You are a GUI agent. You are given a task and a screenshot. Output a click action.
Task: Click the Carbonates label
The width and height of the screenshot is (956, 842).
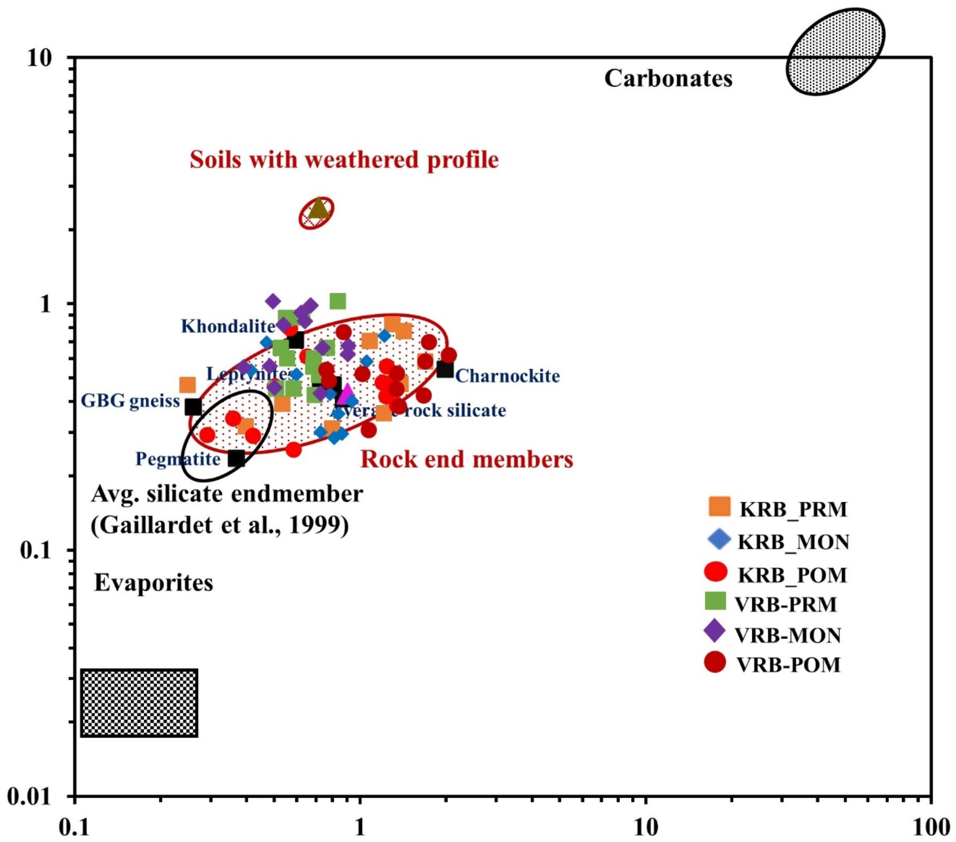(668, 79)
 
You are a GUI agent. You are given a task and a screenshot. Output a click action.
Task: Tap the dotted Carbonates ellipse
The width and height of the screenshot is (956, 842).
(835, 51)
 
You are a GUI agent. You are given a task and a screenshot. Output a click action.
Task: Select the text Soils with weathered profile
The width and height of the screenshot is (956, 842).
(344, 160)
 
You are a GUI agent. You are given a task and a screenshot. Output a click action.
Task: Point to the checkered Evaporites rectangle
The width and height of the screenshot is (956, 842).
(139, 703)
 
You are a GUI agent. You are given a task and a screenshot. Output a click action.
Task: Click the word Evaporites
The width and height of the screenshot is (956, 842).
(153, 583)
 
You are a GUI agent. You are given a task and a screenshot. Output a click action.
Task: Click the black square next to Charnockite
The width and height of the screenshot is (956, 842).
(445, 369)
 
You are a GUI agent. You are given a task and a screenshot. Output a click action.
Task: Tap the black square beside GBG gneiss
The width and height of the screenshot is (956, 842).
(193, 407)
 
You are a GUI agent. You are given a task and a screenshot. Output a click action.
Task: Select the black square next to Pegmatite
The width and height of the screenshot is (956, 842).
(237, 458)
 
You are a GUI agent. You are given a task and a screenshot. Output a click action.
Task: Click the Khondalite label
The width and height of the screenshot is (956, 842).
(228, 327)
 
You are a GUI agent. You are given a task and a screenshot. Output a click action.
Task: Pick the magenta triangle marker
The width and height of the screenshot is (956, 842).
(347, 393)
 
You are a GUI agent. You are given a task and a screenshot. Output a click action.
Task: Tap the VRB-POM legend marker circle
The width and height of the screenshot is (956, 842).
(715, 662)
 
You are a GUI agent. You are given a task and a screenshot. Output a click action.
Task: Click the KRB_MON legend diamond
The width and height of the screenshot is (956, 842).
(719, 539)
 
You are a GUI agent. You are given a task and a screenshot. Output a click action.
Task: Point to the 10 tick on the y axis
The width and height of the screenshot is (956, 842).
(39, 58)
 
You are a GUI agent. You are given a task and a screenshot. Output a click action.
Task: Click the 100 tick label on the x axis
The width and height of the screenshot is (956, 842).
(931, 828)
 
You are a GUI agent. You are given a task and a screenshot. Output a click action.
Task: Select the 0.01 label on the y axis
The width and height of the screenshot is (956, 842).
(29, 797)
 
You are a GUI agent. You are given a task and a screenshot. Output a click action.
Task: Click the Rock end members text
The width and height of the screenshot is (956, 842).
(467, 460)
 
